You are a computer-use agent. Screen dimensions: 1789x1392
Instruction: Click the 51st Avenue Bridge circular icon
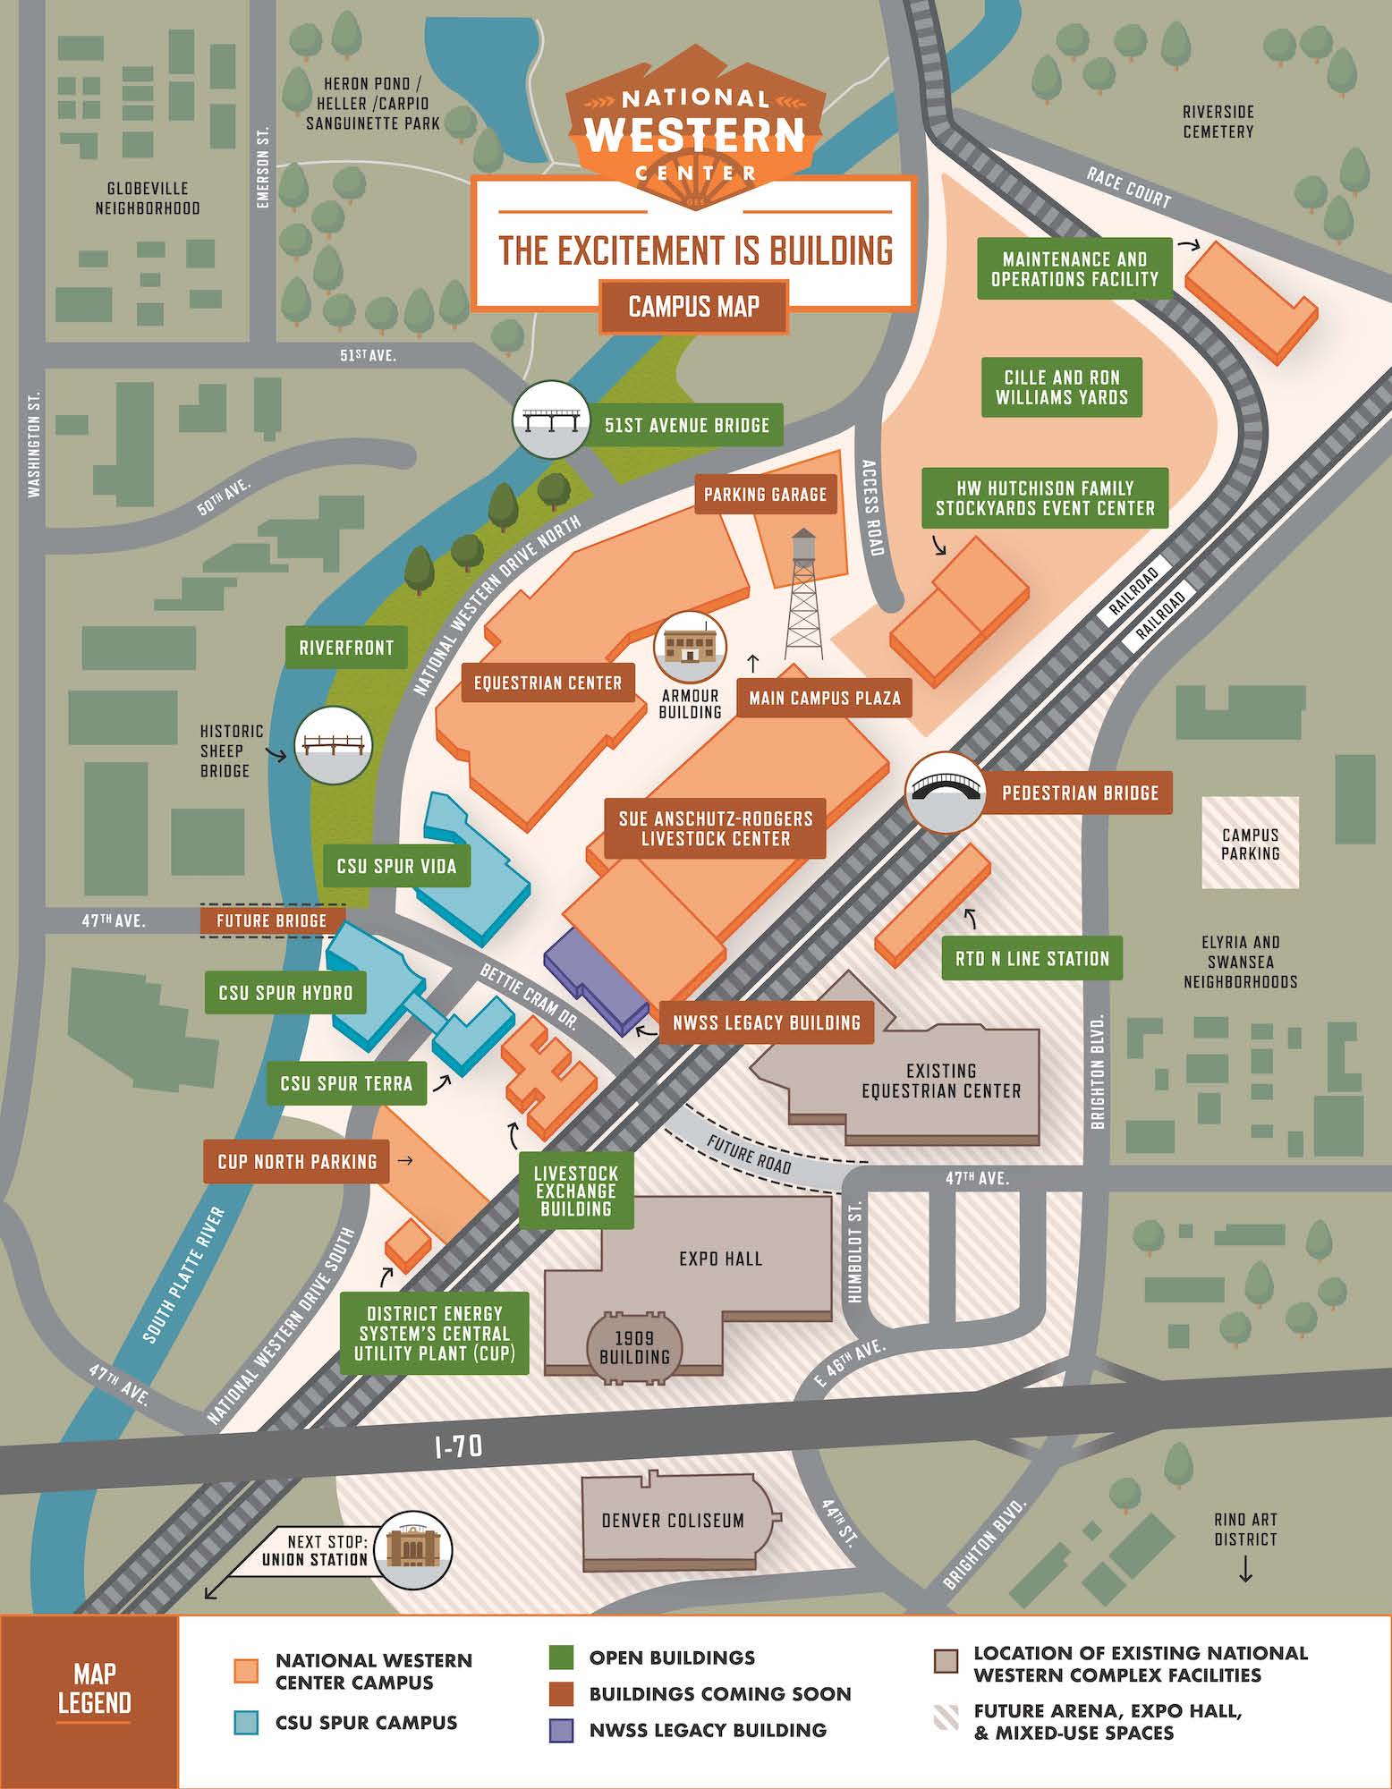pyautogui.click(x=551, y=419)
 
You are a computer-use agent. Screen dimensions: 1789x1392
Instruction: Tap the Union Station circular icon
pyautogui.click(x=412, y=1550)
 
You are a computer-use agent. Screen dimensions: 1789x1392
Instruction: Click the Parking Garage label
pyautogui.click(x=765, y=495)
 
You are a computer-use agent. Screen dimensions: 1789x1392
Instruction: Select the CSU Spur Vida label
pyautogui.click(x=396, y=866)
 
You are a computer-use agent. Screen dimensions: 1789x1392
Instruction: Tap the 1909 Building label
pyautogui.click(x=634, y=1347)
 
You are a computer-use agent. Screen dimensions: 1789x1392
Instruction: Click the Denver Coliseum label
pyautogui.click(x=673, y=1520)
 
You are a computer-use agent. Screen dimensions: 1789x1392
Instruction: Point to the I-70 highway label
pyautogui.click(x=458, y=1446)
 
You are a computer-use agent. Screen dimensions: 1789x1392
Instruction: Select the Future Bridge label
pyautogui.click(x=272, y=920)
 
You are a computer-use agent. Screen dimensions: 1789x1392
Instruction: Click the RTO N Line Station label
pyautogui.click(x=1031, y=959)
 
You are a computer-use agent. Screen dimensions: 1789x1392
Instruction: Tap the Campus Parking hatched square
pyautogui.click(x=1250, y=844)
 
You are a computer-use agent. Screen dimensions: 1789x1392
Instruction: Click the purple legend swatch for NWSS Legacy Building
pyautogui.click(x=560, y=1730)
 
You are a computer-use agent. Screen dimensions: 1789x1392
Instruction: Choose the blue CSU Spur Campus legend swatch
pyautogui.click(x=246, y=1723)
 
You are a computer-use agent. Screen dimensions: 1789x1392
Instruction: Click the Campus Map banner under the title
pyautogui.click(x=693, y=307)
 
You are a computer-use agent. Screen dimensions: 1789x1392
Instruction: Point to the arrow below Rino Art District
pyautogui.click(x=1245, y=1571)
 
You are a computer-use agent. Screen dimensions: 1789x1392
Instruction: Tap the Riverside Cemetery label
pyautogui.click(x=1218, y=122)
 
